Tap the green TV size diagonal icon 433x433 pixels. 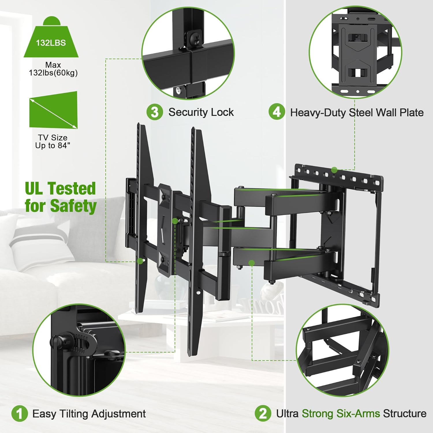coord(53,110)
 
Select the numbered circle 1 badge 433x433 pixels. coord(20,414)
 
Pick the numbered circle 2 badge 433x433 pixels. coord(263,414)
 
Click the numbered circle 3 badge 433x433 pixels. coord(155,112)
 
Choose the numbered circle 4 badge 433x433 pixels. coord(277,112)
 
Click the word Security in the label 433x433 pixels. coord(188,112)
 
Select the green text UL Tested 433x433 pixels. coord(60,188)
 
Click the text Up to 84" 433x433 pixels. coord(53,145)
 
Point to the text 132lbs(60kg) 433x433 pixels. coord(53,73)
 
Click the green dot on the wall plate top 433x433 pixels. coord(334,170)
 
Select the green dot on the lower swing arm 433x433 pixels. coord(252,263)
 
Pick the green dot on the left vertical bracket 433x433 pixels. coord(140,261)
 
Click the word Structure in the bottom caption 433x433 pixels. coord(404,414)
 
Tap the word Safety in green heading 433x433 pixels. coord(73,206)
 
